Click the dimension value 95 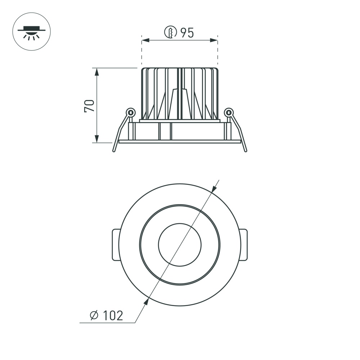[x=187, y=33]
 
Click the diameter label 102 [x=112, y=316]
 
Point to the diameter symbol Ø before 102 [x=94, y=316]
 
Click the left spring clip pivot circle [x=131, y=112]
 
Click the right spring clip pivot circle [x=229, y=112]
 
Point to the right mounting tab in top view [x=244, y=245]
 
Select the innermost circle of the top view [x=180, y=245]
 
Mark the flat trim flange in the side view [x=180, y=141]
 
